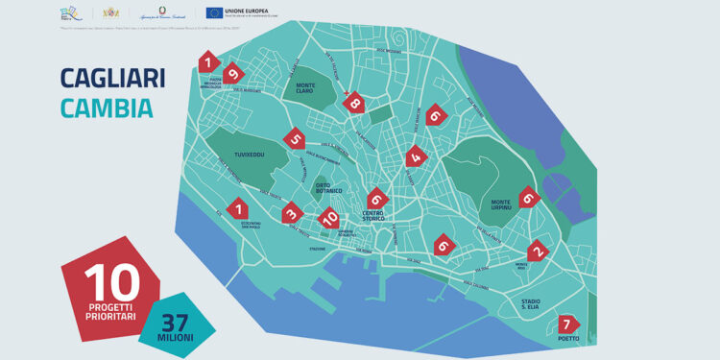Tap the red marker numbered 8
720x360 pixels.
click(354, 103)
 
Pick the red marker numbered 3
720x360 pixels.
click(289, 212)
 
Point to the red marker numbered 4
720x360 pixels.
click(415, 156)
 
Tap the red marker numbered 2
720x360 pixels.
click(538, 252)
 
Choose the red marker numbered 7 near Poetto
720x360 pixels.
click(567, 324)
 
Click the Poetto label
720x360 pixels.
click(568, 339)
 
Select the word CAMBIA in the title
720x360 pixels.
click(106, 108)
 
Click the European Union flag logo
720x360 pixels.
click(213, 12)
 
